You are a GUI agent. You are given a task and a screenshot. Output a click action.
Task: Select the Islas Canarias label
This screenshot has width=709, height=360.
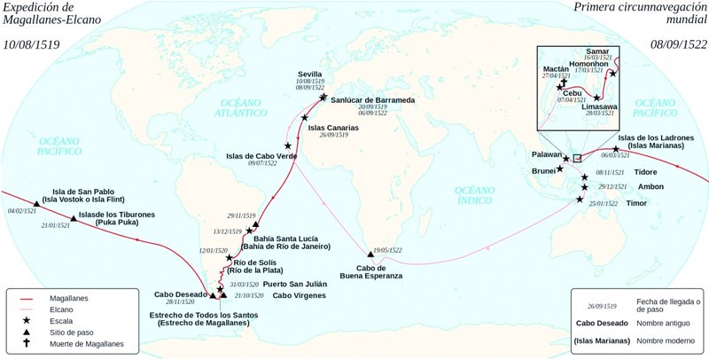coord(333,128)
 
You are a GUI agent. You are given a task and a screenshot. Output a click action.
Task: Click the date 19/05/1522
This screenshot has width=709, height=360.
coord(388,250)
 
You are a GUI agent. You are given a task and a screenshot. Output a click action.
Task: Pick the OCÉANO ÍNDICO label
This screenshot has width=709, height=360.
coord(476,196)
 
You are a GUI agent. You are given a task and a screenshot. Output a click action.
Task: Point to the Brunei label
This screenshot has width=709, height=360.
coord(542,170)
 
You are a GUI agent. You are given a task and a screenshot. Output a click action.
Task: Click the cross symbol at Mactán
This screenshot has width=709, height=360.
coord(560,87)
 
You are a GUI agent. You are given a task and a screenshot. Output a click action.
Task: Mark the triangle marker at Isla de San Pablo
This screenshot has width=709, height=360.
coord(36,203)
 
